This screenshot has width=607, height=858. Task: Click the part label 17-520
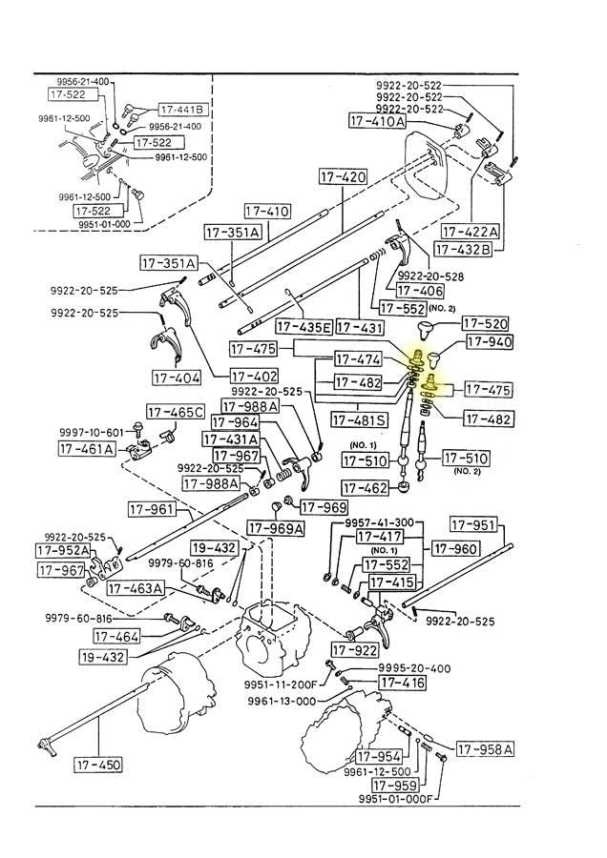point(487,324)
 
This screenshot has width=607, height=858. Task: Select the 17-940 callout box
point(489,342)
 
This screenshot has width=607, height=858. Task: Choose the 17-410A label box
point(376,121)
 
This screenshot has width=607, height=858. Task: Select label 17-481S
point(360,419)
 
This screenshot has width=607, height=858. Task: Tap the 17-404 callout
point(177,378)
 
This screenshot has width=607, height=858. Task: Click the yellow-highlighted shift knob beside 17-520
point(426,332)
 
